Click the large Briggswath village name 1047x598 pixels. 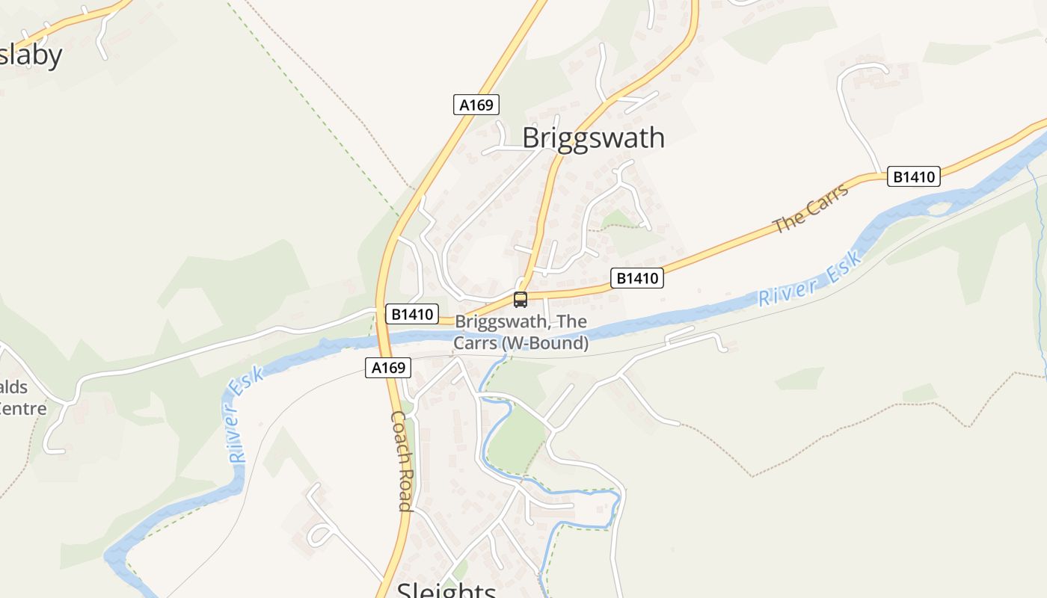tap(593, 138)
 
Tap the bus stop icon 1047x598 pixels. tap(521, 300)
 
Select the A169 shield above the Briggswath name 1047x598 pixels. tap(476, 105)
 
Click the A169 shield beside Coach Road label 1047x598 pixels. tap(388, 367)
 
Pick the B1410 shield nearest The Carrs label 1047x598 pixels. tap(914, 176)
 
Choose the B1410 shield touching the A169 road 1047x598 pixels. tap(411, 314)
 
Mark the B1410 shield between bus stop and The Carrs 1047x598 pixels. tap(637, 278)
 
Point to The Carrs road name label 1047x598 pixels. tap(811, 208)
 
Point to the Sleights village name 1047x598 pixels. tap(446, 591)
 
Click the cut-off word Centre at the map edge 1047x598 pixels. tap(22, 408)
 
